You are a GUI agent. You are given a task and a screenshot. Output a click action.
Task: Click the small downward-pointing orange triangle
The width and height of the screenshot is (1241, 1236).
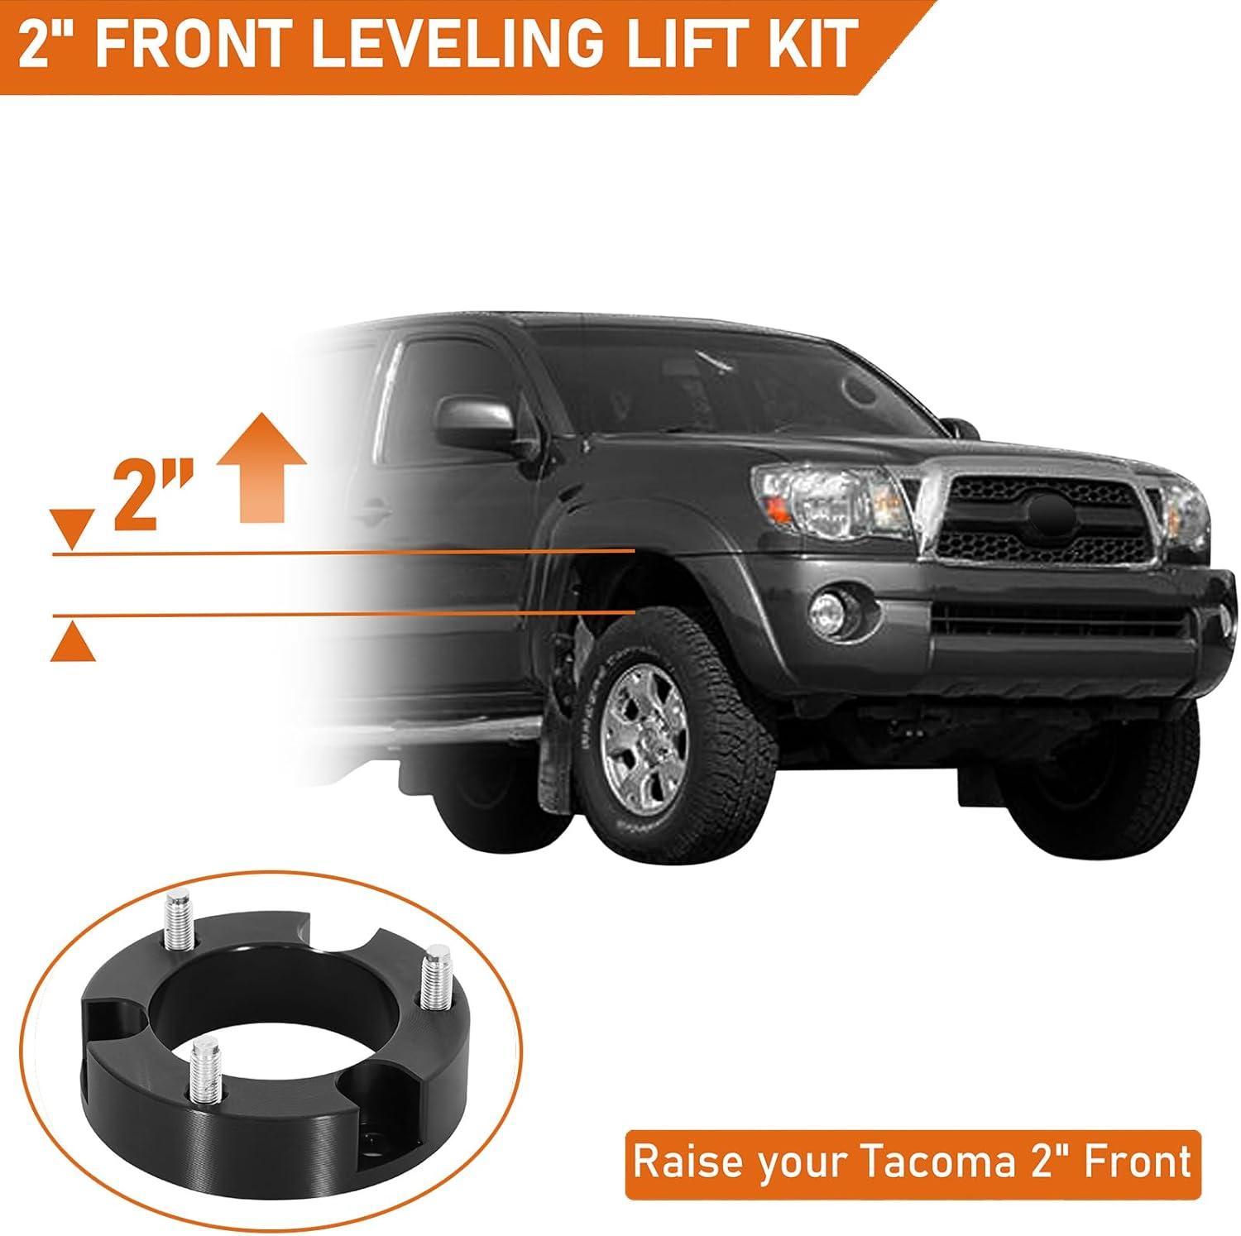(72, 527)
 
